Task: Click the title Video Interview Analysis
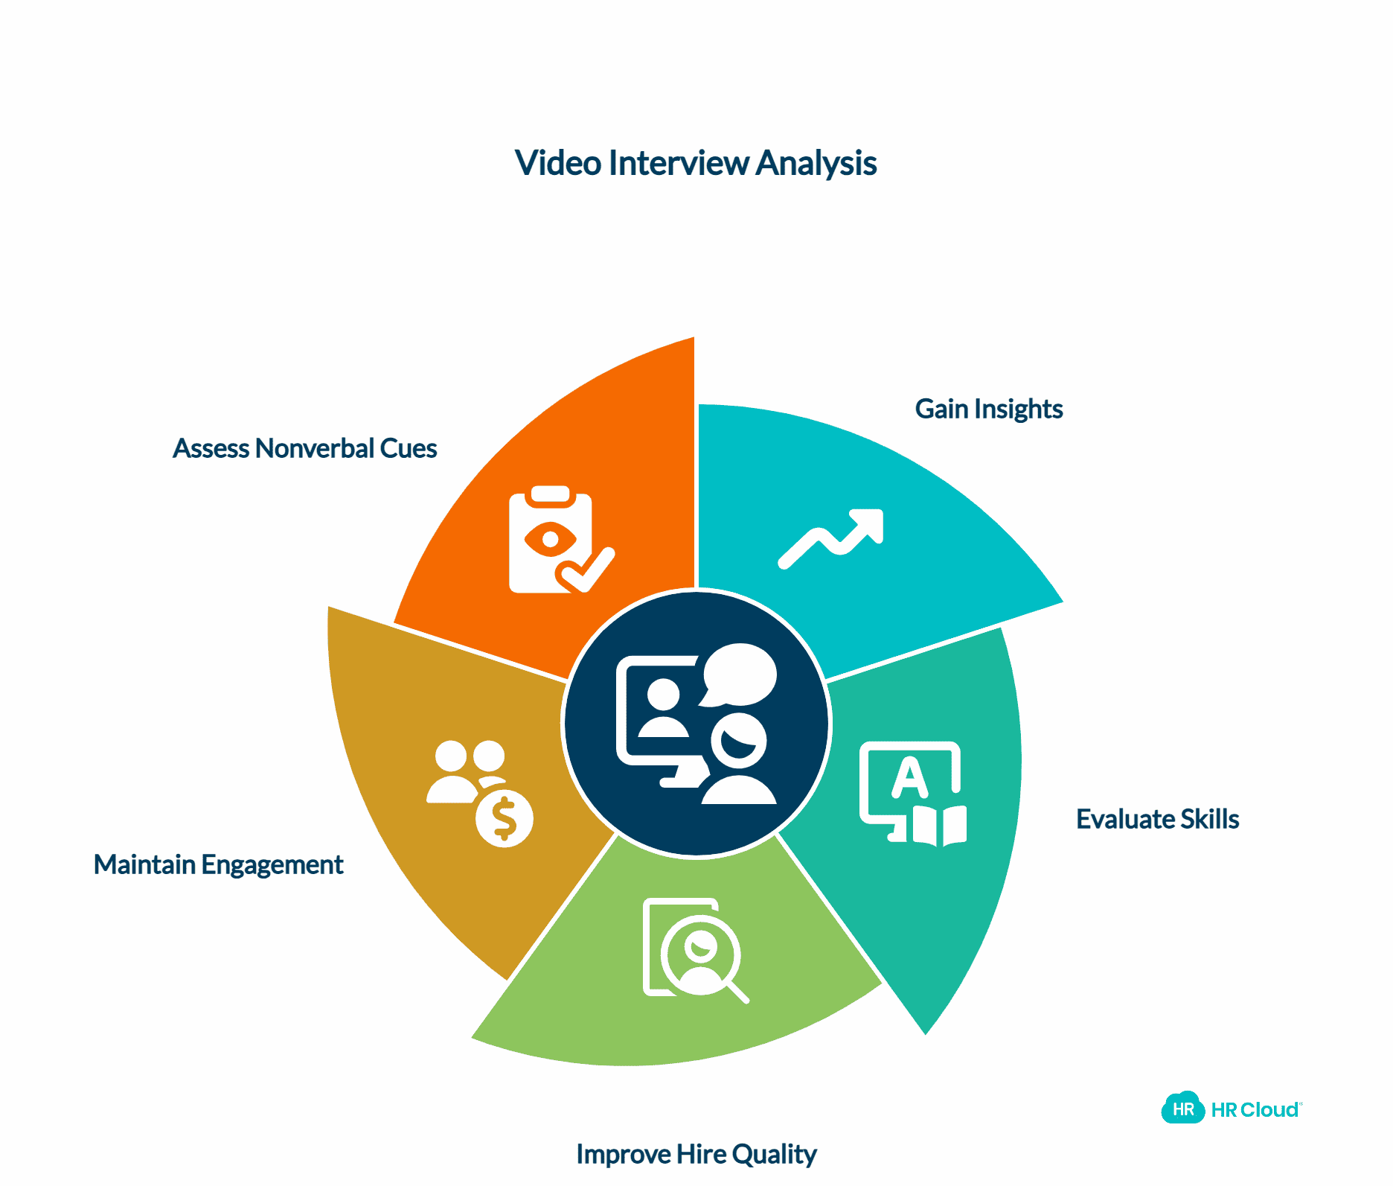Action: pyautogui.click(x=695, y=163)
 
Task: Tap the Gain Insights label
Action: pyautogui.click(x=988, y=409)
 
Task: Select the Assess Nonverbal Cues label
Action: pyautogui.click(x=304, y=448)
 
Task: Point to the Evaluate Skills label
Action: pyautogui.click(x=1157, y=819)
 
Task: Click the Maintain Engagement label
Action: pyautogui.click(x=218, y=864)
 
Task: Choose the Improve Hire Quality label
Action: pyautogui.click(x=696, y=1154)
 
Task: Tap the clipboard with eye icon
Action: pyautogui.click(x=551, y=539)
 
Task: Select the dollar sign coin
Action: pyautogui.click(x=505, y=819)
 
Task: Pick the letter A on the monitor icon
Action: pyautogui.click(x=909, y=777)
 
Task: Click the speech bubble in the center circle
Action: pyautogui.click(x=739, y=674)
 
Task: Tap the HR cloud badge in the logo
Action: pyautogui.click(x=1182, y=1109)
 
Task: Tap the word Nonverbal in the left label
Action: pyautogui.click(x=314, y=448)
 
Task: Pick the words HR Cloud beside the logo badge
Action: pyautogui.click(x=1255, y=1110)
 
